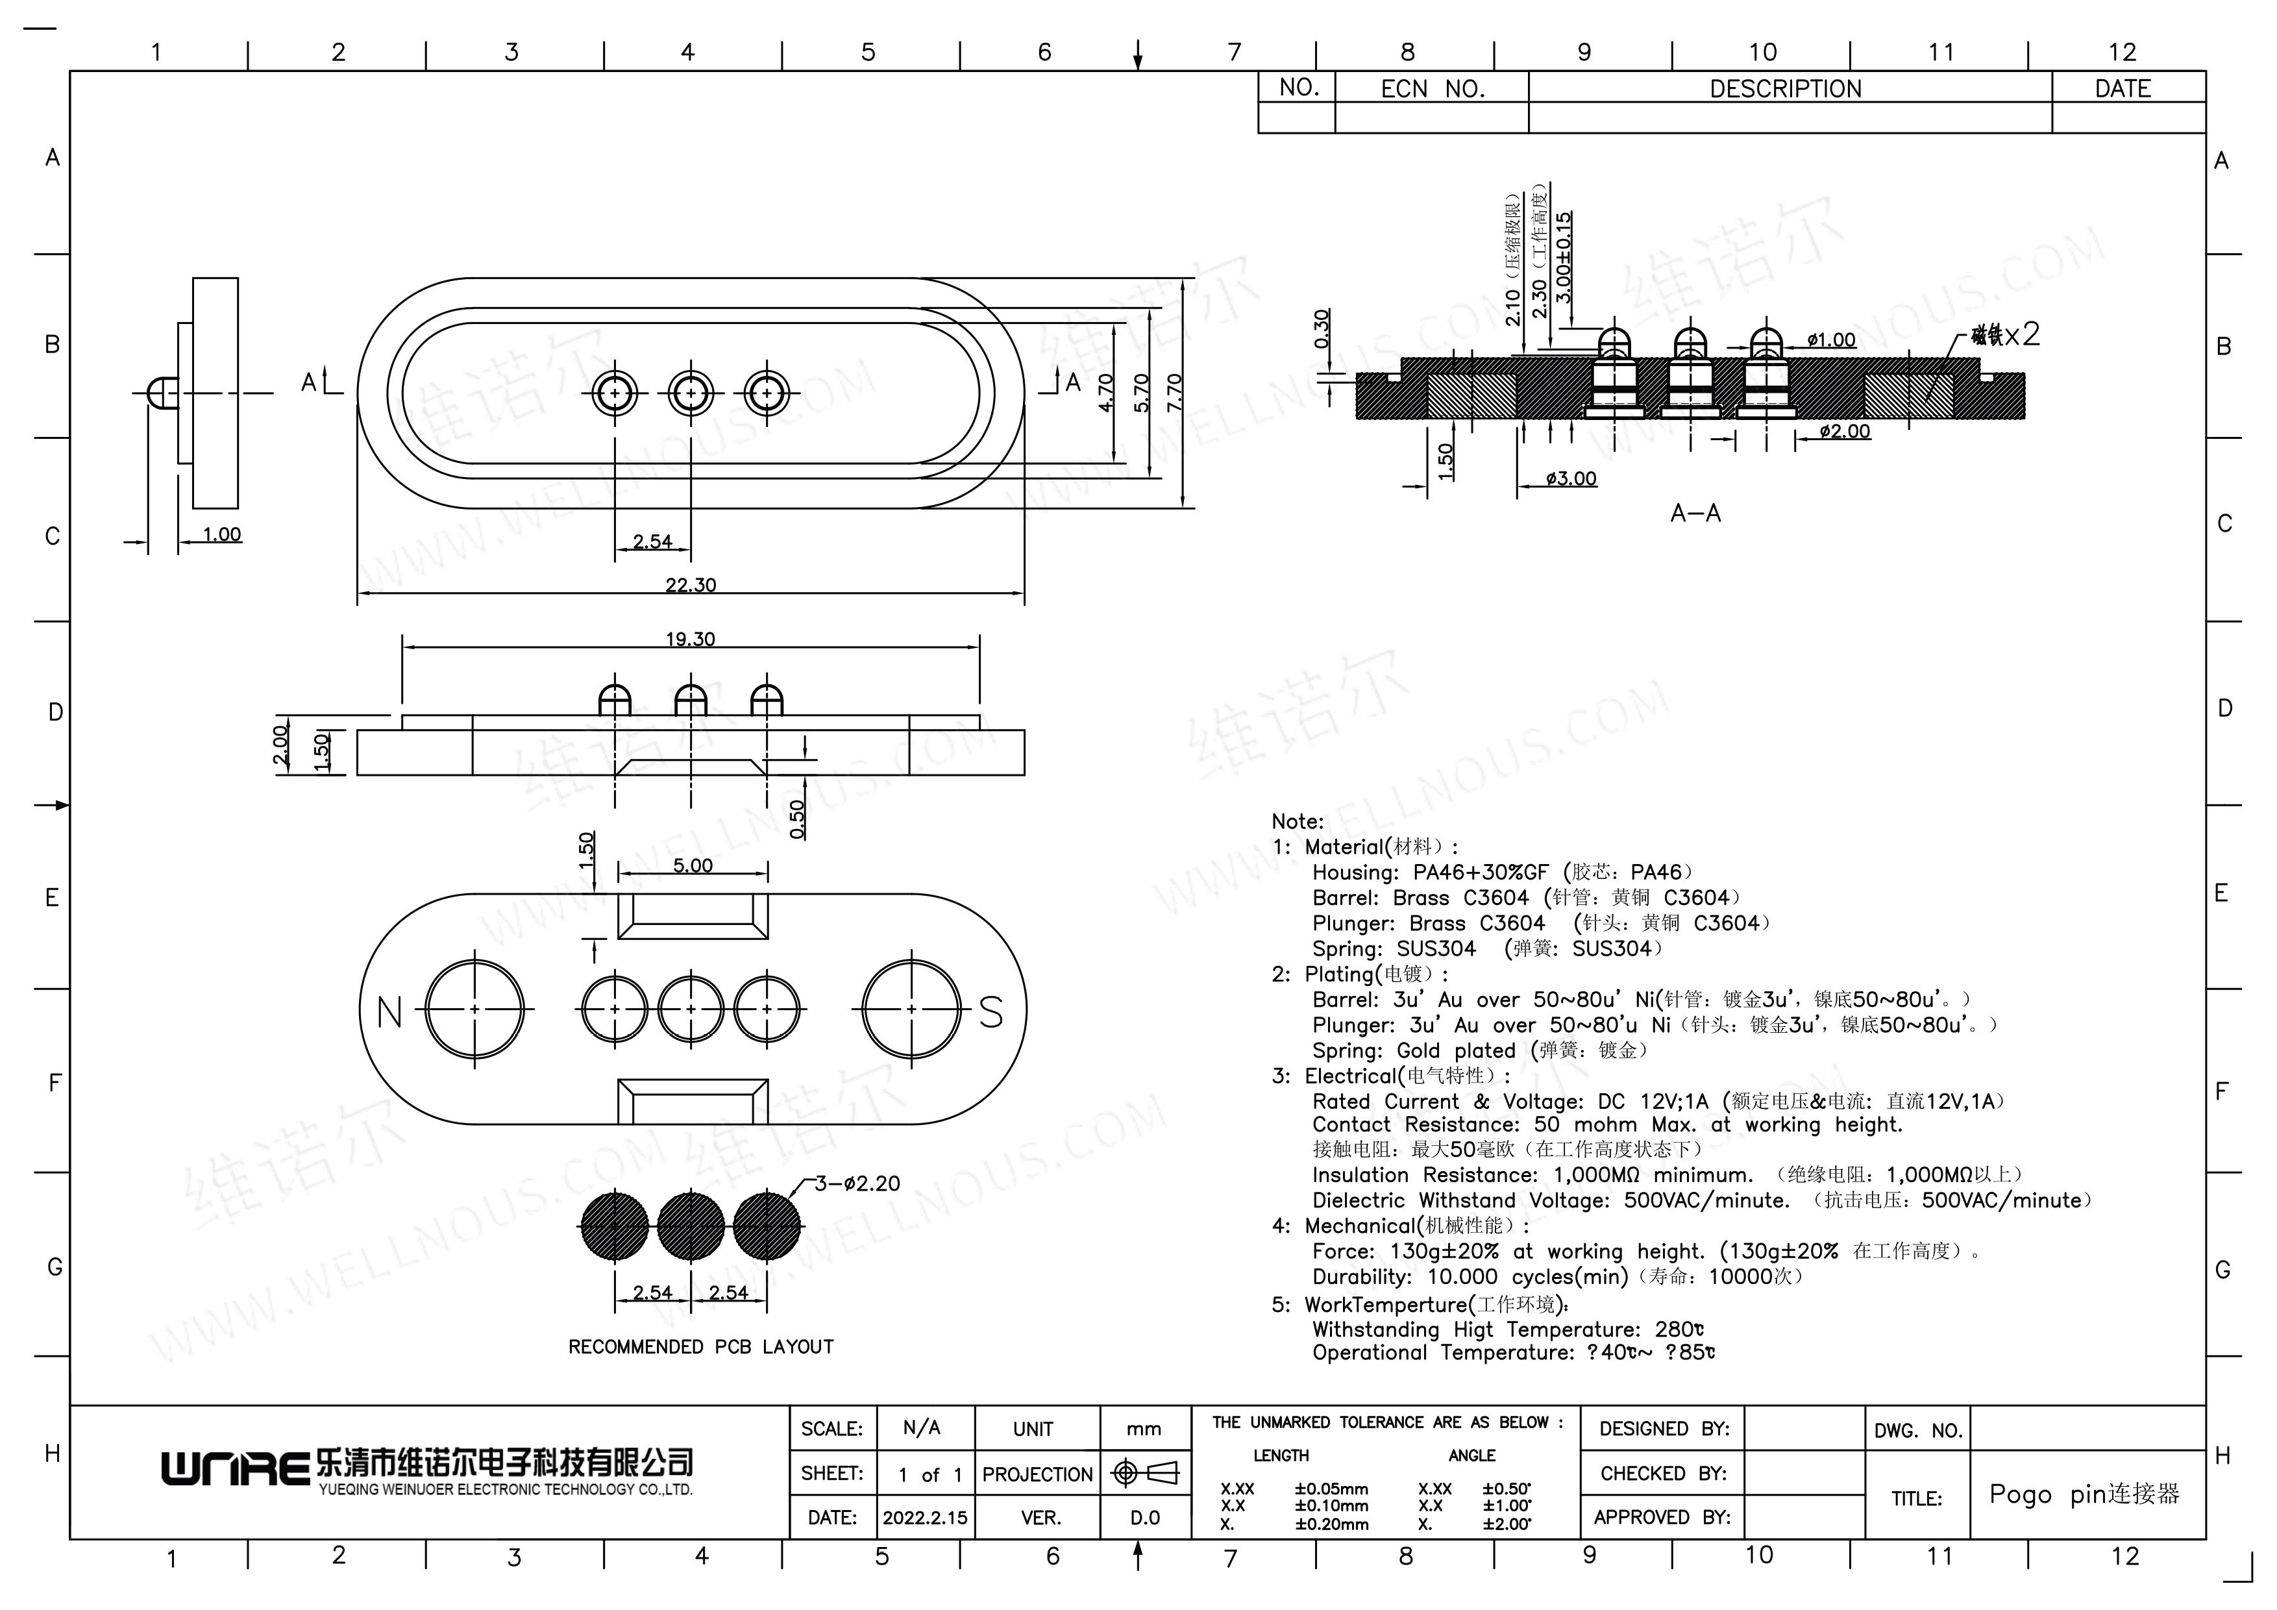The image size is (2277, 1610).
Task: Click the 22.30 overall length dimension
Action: [690, 586]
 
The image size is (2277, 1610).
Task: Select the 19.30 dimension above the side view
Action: [690, 639]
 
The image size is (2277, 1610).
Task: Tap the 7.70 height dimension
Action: [1175, 393]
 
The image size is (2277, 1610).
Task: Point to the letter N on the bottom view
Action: [389, 1012]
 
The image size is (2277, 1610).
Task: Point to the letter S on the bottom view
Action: [991, 1012]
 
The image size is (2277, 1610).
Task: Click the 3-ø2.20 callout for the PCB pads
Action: [857, 1183]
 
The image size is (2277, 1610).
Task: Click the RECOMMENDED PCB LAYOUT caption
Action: [701, 1347]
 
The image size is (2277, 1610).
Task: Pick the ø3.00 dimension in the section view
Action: [1572, 479]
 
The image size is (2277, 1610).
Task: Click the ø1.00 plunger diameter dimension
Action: [1830, 340]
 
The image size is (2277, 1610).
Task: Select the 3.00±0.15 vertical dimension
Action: [1564, 257]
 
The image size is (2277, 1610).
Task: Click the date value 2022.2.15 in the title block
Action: [926, 1518]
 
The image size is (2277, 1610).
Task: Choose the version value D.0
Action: [1144, 1518]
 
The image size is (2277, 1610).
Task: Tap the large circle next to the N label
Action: [475, 1009]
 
